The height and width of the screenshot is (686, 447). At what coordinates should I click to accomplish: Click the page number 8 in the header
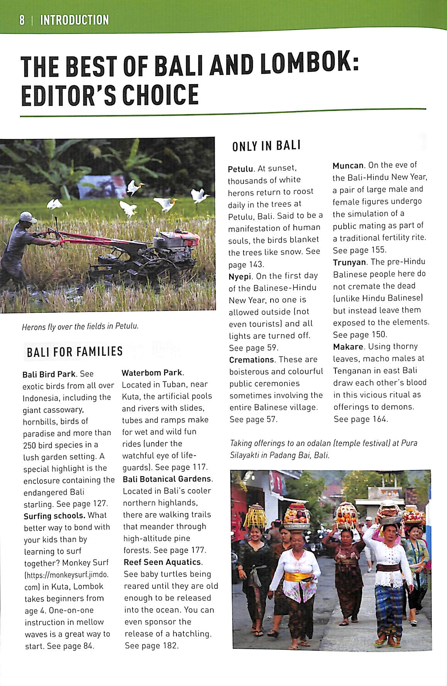coord(22,20)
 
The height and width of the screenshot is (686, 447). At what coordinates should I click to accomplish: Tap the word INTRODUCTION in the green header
coord(74,20)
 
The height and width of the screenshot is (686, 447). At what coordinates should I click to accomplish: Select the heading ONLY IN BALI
coord(266,146)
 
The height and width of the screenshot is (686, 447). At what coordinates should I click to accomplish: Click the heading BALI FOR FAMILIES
coord(74,351)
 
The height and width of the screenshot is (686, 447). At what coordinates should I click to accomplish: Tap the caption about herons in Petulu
coord(80,327)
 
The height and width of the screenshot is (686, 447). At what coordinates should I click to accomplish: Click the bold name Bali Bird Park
coord(49,374)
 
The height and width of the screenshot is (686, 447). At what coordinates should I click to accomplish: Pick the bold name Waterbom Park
coord(152,373)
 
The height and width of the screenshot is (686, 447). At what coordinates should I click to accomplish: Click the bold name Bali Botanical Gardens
coord(167,479)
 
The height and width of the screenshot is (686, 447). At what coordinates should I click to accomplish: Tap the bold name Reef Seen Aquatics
coord(163,562)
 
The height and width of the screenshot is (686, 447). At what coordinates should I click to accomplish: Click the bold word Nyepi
coord(240,276)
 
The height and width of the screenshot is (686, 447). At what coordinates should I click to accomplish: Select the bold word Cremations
coord(251,360)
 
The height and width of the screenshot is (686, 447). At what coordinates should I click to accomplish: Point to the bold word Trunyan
coord(349,262)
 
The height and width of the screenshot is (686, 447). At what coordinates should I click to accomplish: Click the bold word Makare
coord(348,346)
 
